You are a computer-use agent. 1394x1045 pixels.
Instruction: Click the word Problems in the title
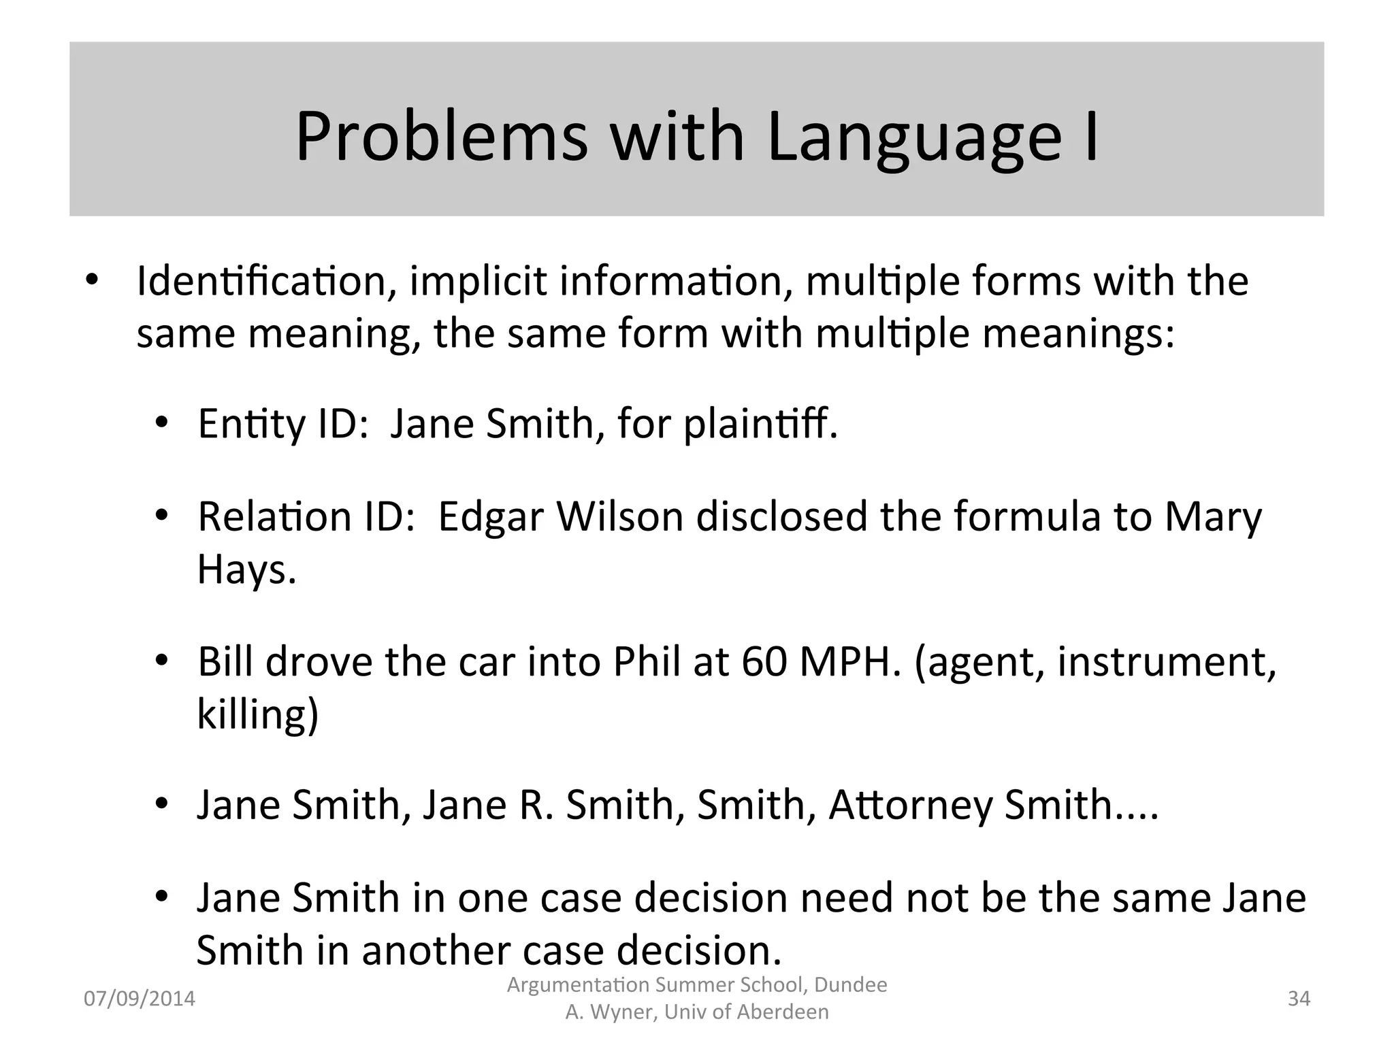pyautogui.click(x=441, y=137)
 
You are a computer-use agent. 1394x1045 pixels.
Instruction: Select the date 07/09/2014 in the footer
pyautogui.click(x=139, y=999)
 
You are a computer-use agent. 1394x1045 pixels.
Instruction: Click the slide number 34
pyautogui.click(x=1299, y=999)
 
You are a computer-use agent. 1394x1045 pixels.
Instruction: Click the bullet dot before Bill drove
pyautogui.click(x=161, y=661)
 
